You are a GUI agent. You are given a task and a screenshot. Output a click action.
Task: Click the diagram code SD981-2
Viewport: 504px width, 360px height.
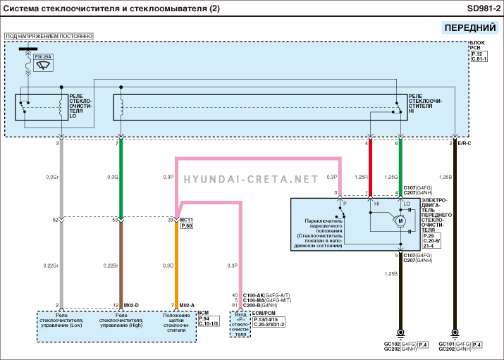point(479,8)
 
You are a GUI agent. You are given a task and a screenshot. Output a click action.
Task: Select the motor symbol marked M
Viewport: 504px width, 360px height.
point(400,221)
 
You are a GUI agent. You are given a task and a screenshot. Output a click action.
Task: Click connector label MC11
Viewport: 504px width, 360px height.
point(187,220)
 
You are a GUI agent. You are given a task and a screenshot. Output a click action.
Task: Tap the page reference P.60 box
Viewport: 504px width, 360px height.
point(187,226)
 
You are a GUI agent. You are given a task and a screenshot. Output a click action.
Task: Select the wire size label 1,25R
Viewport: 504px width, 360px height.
point(361,177)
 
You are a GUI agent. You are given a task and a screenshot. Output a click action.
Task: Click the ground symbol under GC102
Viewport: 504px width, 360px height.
point(400,333)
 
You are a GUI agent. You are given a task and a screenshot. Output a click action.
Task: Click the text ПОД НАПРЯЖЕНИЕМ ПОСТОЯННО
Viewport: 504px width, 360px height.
point(49,35)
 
